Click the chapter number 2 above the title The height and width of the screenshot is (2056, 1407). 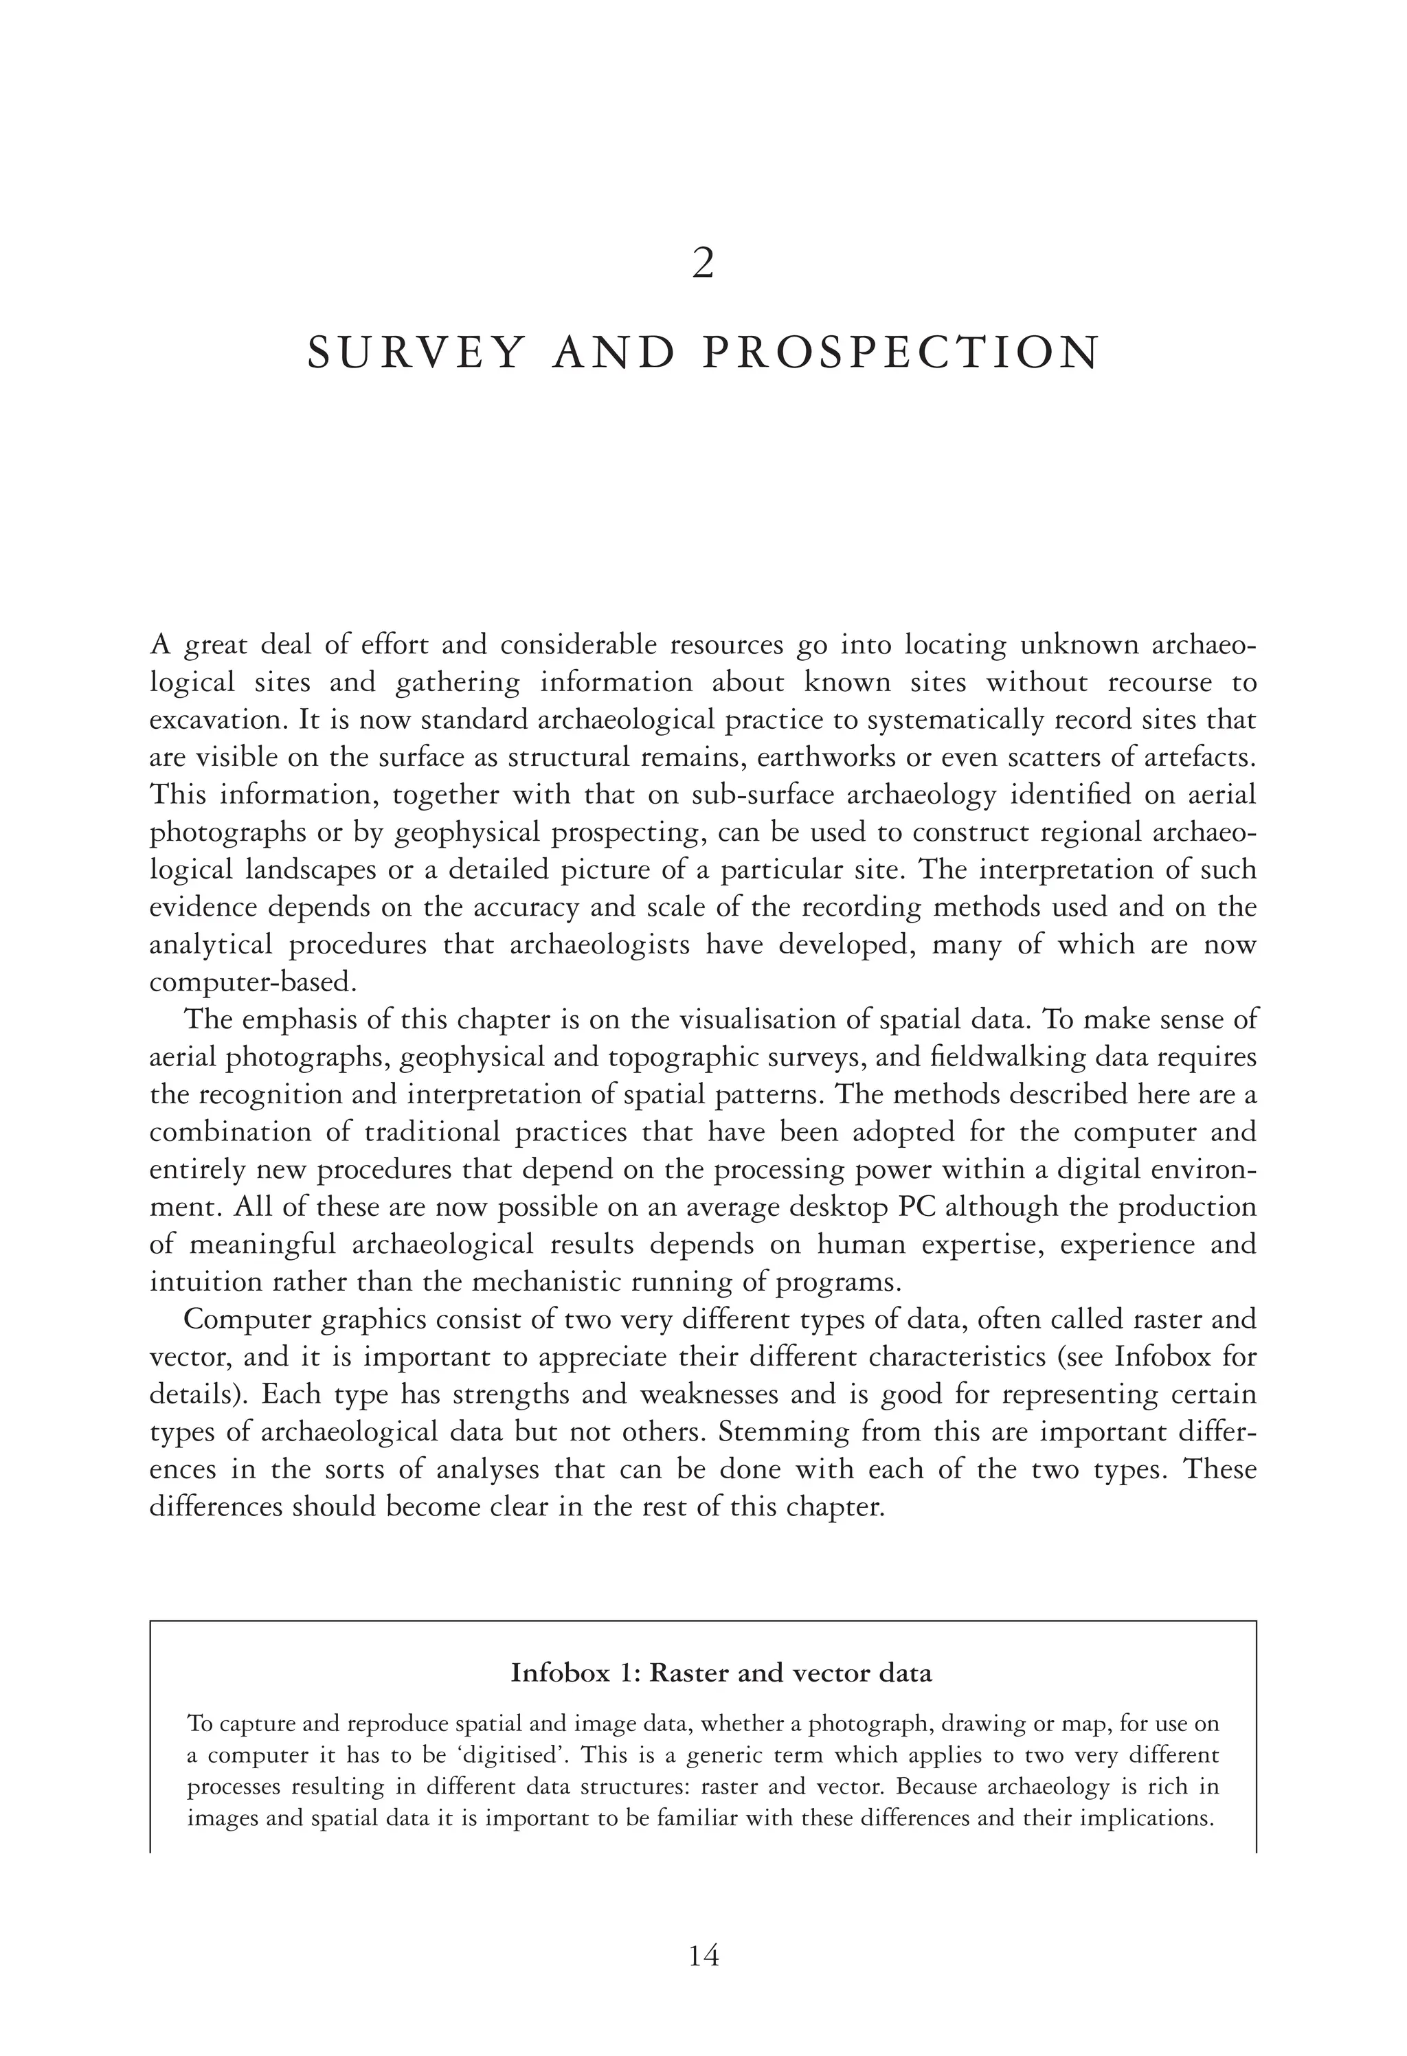pos(703,264)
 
